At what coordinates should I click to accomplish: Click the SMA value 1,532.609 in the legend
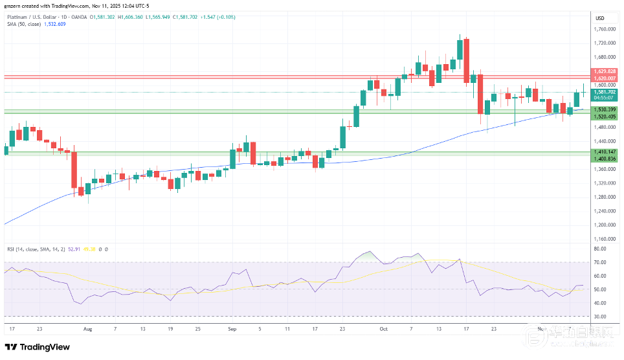(x=54, y=23)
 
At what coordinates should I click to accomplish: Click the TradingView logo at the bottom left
(x=38, y=347)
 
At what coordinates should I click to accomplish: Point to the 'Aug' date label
(x=88, y=328)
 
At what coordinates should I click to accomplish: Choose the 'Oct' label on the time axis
(x=383, y=328)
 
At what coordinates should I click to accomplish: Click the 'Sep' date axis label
(x=233, y=328)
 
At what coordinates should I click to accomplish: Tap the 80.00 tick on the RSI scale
(x=599, y=249)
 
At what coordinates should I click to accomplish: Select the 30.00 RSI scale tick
(x=599, y=317)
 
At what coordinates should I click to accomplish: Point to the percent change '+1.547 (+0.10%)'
(x=206, y=17)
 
